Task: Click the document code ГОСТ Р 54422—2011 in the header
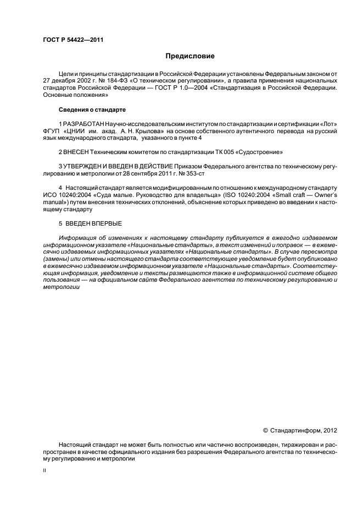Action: [x=73, y=40]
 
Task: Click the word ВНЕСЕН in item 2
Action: [x=79, y=151]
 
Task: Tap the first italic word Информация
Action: [x=77, y=238]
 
